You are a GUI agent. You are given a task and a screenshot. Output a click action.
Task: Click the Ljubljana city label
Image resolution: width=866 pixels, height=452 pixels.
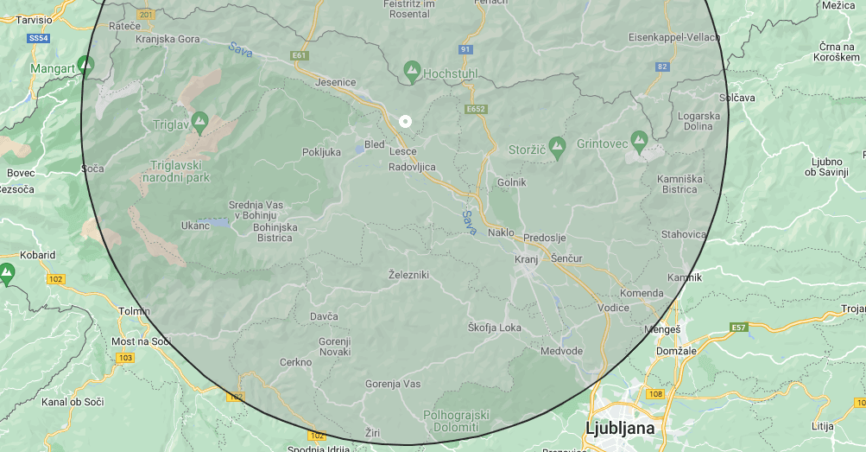620,428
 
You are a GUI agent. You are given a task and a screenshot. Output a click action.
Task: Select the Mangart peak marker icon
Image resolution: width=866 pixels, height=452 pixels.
85,63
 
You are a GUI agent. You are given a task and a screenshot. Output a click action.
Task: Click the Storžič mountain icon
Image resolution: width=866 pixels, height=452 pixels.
557,144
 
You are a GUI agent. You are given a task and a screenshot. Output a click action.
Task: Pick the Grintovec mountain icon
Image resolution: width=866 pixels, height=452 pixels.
639,138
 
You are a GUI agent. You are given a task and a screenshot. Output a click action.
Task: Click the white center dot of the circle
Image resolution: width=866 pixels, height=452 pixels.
405,121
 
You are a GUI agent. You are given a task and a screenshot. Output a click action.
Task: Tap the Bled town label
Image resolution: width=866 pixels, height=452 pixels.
375,144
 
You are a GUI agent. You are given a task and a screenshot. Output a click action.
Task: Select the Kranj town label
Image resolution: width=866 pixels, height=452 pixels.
526,259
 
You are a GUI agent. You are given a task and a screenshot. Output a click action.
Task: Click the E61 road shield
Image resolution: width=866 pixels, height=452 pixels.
300,55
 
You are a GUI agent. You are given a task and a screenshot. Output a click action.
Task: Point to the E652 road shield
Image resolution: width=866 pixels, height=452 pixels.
476,110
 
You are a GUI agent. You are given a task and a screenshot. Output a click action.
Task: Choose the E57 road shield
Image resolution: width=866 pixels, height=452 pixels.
738,328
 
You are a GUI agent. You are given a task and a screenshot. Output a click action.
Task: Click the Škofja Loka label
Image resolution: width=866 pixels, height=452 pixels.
495,328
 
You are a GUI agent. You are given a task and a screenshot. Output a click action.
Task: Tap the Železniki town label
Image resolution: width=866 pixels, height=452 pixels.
408,275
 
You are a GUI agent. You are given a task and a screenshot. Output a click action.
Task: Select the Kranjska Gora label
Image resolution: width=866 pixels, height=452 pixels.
168,40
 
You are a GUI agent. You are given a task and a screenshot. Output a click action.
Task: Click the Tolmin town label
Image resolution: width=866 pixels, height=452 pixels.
134,311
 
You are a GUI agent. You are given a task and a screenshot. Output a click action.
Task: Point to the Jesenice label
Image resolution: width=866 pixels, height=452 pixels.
336,82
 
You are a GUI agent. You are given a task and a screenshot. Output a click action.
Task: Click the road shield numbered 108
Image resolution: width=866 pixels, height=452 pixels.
654,393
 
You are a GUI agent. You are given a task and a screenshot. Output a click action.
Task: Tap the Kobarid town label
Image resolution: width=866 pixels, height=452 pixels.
38,255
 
